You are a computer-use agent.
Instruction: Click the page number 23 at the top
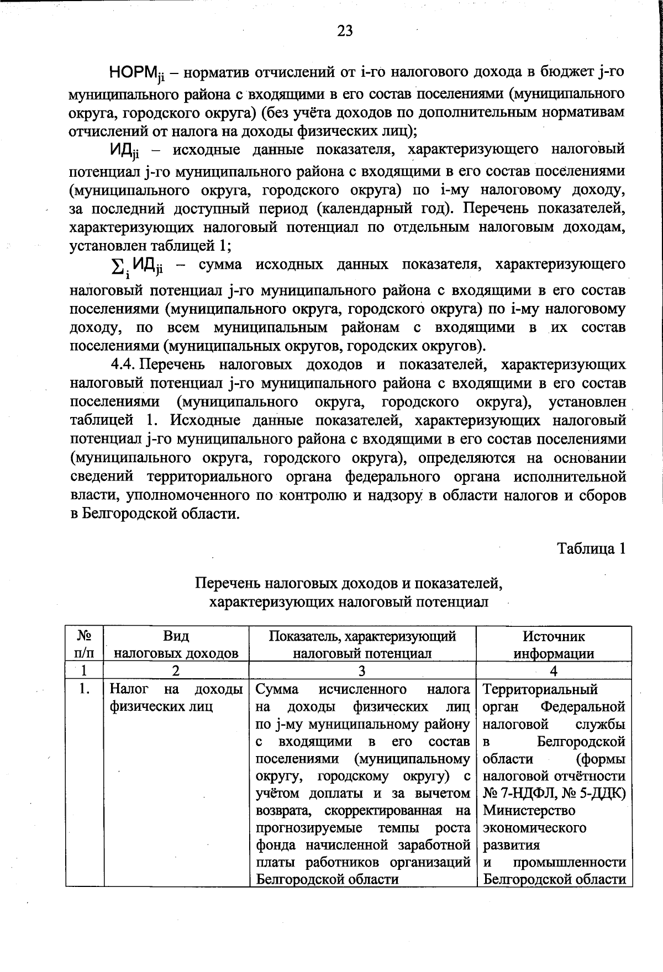pyautogui.click(x=344, y=31)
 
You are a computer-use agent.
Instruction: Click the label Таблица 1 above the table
pyautogui.click(x=591, y=549)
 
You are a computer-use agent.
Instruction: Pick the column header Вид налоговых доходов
pyautogui.click(x=176, y=645)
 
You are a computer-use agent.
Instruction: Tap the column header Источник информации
pyautogui.click(x=554, y=645)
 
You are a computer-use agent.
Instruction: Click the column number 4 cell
pyautogui.click(x=554, y=671)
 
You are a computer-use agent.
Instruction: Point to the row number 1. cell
pyautogui.click(x=84, y=690)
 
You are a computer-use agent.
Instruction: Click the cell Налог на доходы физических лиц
pyautogui.click(x=176, y=698)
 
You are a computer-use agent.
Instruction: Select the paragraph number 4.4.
pyautogui.click(x=125, y=365)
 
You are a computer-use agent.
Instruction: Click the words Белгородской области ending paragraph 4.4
pyautogui.click(x=160, y=514)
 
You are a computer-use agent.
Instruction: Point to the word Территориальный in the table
pyautogui.click(x=540, y=690)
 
